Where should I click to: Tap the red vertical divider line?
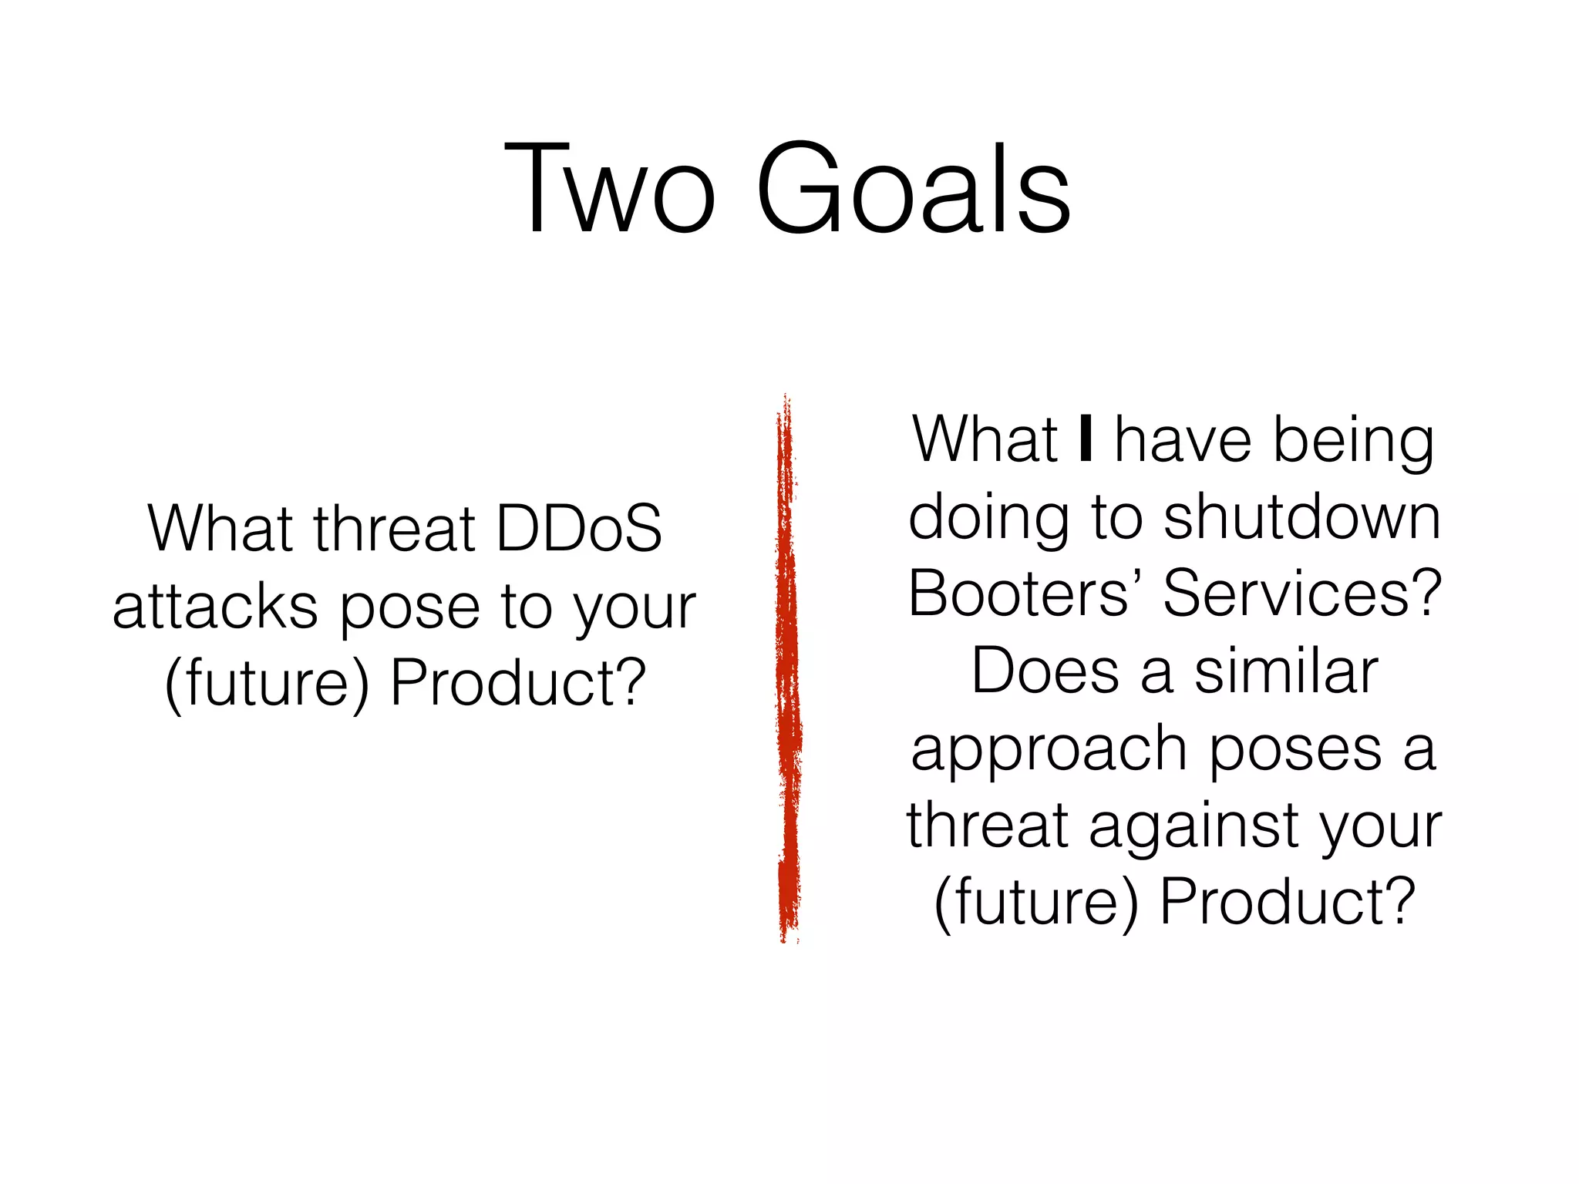tap(788, 671)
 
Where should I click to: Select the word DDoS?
tap(578, 529)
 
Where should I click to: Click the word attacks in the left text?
tap(215, 607)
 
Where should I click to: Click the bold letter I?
tap(1086, 439)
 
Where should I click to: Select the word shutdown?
tap(1301, 517)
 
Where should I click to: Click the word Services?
tap(1301, 594)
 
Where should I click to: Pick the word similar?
tap(1286, 671)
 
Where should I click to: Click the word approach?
tap(1049, 750)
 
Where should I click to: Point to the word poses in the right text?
tap(1295, 750)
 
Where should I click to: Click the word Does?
tap(1045, 671)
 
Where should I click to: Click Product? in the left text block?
tap(518, 683)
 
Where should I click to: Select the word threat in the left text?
tap(395, 529)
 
